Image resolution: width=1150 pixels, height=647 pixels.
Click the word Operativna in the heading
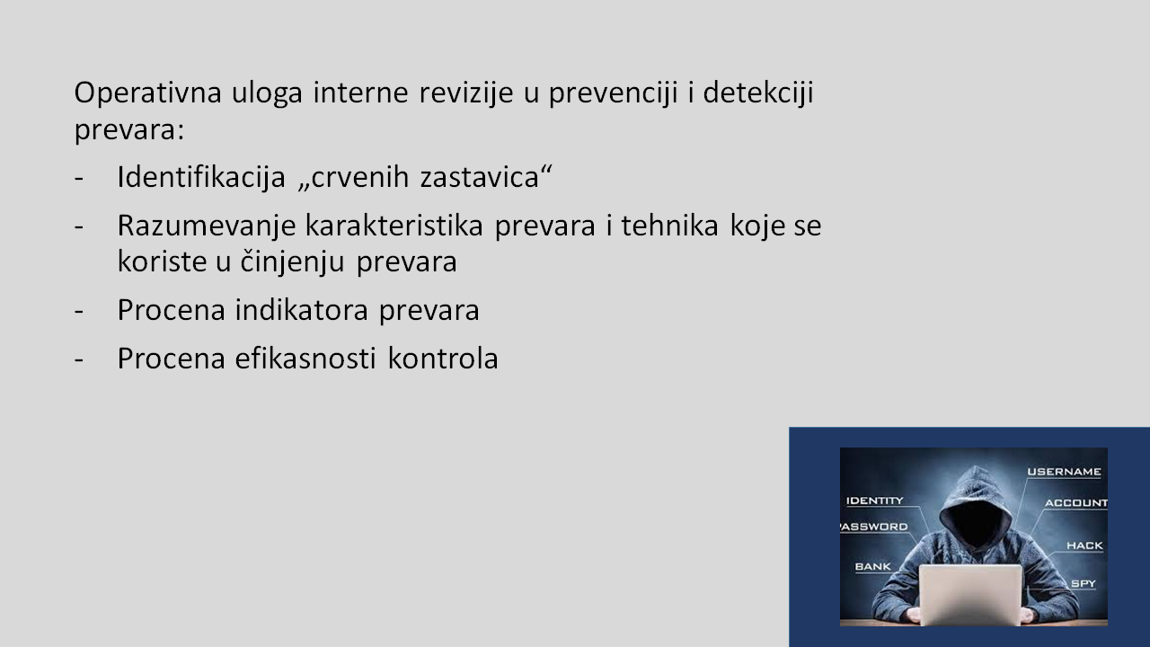tap(148, 93)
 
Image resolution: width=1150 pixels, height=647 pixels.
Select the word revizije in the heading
tap(466, 93)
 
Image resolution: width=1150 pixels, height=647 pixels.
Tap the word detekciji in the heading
tap(757, 93)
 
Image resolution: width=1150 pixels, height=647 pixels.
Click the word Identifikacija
tap(201, 177)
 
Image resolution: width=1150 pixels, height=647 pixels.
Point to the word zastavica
tap(480, 178)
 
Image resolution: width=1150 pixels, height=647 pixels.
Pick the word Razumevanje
tap(207, 226)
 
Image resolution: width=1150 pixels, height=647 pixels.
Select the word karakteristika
tap(394, 226)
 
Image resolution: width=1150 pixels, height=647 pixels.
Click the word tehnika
tap(669, 226)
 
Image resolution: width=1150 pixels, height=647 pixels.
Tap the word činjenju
tap(292, 261)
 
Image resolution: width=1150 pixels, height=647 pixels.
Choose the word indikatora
tap(301, 310)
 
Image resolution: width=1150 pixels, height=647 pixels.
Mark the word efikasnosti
tap(305, 358)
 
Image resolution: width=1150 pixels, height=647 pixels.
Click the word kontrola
tap(443, 358)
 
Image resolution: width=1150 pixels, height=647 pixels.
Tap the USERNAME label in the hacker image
tap(1064, 472)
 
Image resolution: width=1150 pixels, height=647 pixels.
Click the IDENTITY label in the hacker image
tap(875, 501)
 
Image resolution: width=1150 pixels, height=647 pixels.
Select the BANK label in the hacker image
tap(872, 566)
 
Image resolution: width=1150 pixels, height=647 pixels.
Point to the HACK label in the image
tap(1084, 545)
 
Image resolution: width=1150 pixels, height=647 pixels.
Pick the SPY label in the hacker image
tap(1084, 583)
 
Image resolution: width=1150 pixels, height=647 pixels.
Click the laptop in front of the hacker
tap(970, 595)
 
